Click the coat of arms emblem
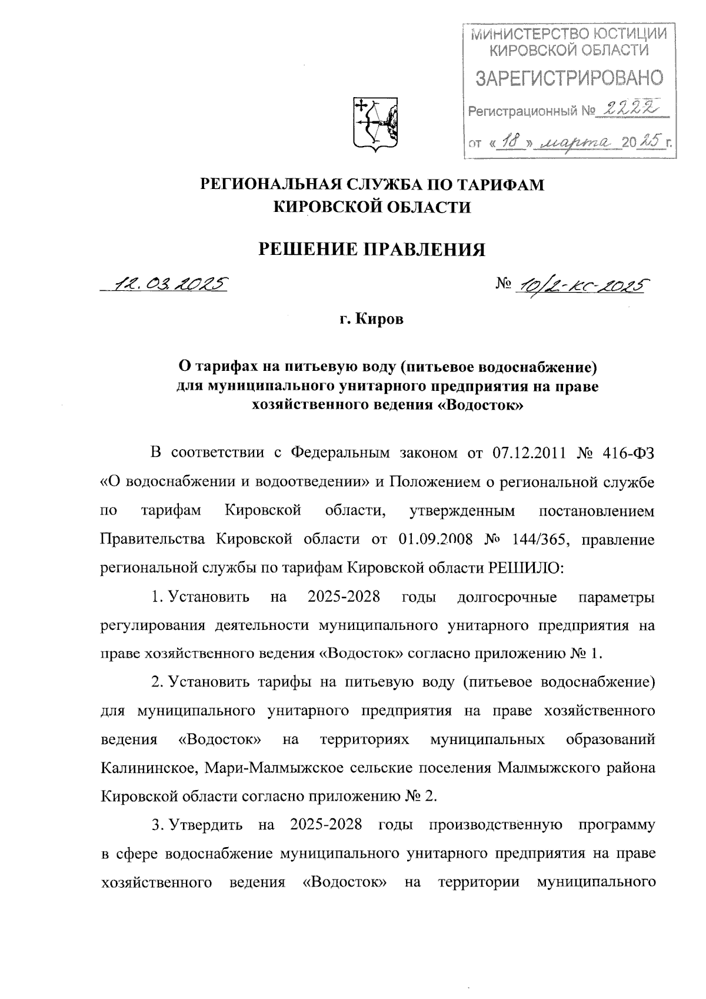click(375, 122)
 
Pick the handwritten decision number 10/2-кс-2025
click(580, 285)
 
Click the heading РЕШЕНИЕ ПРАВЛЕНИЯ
click(373, 250)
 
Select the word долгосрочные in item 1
click(507, 597)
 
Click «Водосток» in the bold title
click(482, 406)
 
